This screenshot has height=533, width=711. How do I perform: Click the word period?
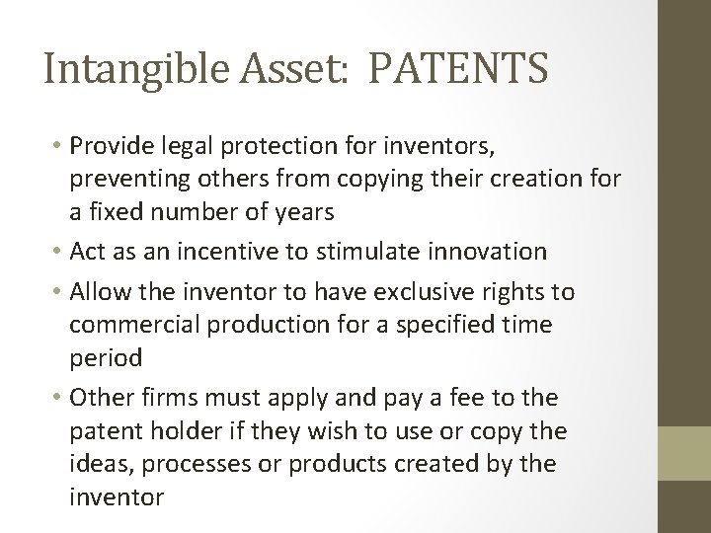coord(105,357)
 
